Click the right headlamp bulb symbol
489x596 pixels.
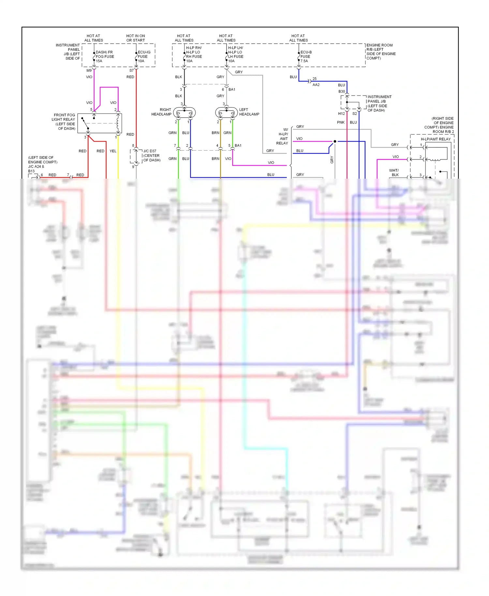click(184, 113)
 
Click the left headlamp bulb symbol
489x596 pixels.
click(226, 113)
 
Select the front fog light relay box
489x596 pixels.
click(104, 123)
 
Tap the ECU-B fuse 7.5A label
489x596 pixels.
click(306, 56)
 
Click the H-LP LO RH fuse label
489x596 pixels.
click(194, 54)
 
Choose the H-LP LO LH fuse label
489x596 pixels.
click(235, 54)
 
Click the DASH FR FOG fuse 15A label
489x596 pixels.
click(104, 56)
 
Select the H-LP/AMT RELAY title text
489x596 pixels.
click(436, 139)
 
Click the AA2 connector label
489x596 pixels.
click(316, 85)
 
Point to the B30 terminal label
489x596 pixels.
click(341, 92)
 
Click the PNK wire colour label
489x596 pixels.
click(341, 122)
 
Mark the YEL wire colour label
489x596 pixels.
click(113, 151)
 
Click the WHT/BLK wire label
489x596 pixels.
click(394, 172)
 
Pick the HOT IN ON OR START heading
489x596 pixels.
click(136, 38)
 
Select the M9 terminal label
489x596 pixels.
click(89, 70)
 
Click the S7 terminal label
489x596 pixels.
click(131, 70)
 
